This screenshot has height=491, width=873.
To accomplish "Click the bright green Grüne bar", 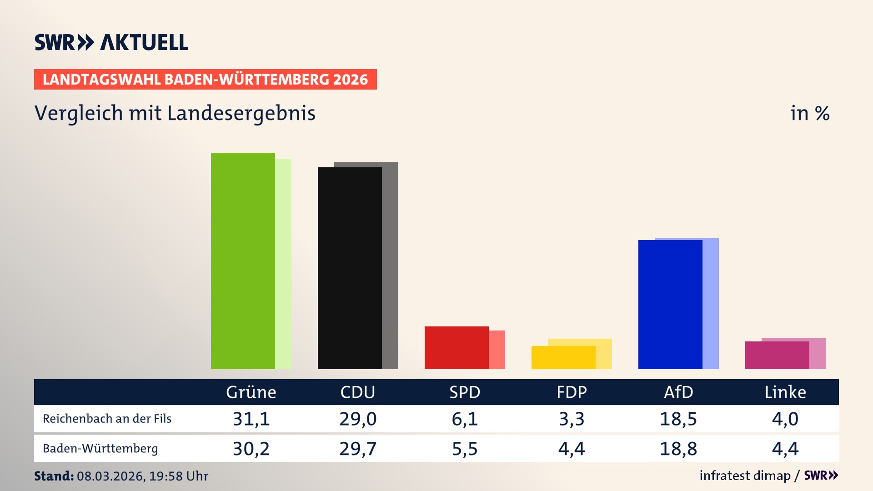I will (x=243, y=261).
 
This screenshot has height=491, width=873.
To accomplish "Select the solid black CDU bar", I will (x=350, y=268).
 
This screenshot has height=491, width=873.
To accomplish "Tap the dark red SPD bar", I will (x=457, y=348).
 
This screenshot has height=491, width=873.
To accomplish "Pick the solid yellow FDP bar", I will (x=563, y=358).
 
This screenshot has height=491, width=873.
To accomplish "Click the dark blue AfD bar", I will (x=670, y=305).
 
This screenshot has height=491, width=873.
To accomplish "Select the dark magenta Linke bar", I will (x=777, y=355).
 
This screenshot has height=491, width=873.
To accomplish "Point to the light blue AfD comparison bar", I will (x=711, y=304).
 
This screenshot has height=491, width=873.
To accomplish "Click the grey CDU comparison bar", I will (x=390, y=266).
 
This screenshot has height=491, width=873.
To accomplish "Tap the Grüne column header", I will (x=251, y=392).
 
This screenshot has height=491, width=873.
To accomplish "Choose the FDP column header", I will (x=572, y=392).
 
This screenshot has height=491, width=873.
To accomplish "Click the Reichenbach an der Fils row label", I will (x=107, y=419).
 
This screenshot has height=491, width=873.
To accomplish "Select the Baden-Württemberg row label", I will (x=100, y=449).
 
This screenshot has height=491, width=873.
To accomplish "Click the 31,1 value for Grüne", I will (x=251, y=419).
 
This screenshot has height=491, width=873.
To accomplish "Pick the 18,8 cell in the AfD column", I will (x=678, y=449).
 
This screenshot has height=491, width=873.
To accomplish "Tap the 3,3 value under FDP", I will (x=572, y=419).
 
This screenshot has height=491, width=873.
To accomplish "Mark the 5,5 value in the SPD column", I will (x=465, y=449).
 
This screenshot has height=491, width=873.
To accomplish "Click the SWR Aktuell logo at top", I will (x=111, y=42).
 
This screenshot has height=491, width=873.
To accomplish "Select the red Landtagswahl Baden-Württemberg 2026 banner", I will (x=205, y=80).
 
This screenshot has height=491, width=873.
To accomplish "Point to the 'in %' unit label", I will (x=810, y=113).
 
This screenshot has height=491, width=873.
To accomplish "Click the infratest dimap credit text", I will (x=745, y=476).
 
